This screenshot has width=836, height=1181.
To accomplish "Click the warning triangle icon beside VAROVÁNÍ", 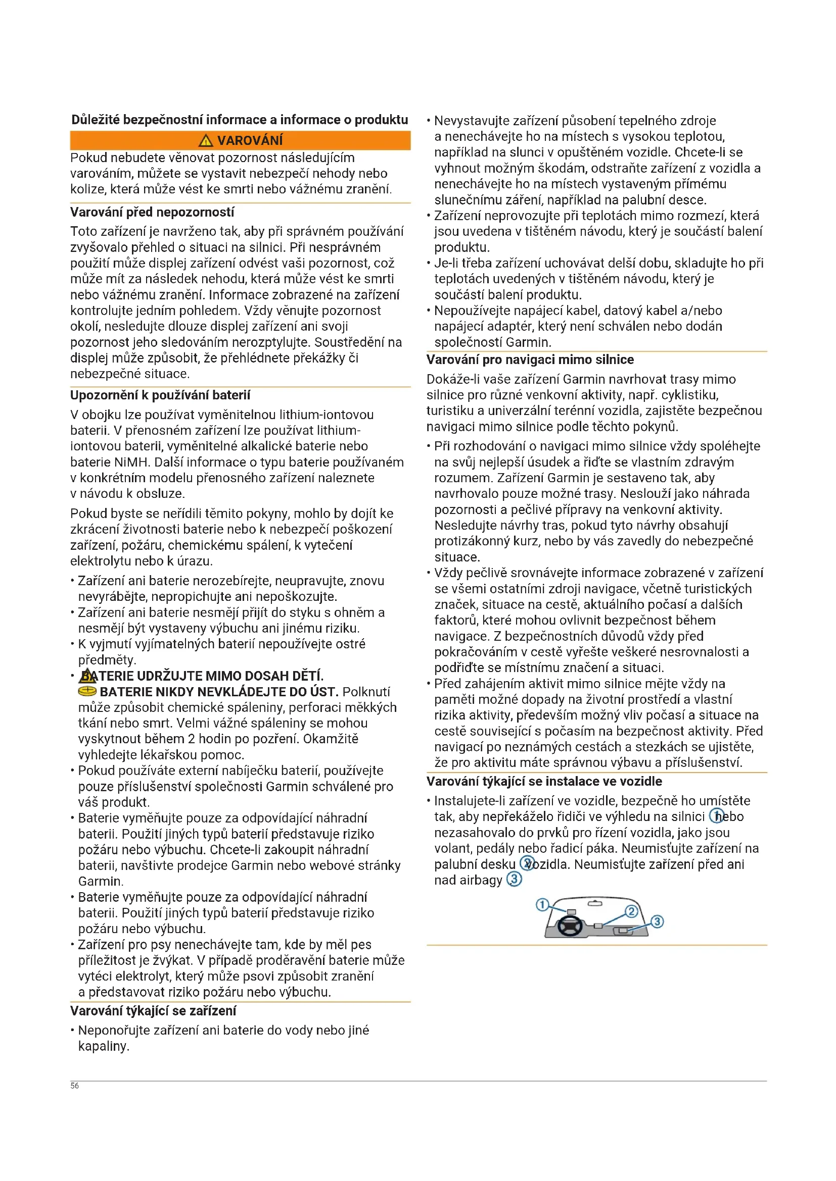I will (205, 140).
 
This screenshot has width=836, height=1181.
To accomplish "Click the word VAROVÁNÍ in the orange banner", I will (250, 140).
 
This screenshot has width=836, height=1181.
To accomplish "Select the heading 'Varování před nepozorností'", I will (152, 212).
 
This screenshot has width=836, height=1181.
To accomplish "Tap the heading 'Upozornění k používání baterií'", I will (160, 395).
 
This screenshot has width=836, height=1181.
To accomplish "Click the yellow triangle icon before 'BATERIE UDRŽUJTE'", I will (87, 676).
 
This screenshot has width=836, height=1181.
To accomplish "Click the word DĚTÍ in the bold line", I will (308, 676).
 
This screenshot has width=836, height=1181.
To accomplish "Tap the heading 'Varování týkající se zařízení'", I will (153, 1011).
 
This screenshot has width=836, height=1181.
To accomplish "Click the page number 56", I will (75, 1086).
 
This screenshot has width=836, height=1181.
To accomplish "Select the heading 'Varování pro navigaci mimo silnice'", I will (530, 360).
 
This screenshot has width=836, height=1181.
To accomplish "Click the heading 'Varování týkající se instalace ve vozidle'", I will (544, 781).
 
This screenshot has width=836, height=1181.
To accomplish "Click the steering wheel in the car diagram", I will (570, 927).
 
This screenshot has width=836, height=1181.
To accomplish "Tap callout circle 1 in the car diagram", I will (542, 904).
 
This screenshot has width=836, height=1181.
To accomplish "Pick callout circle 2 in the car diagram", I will (631, 912).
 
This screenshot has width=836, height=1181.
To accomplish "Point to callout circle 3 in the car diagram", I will (657, 921).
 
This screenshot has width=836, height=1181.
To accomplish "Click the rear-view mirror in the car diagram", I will (594, 904).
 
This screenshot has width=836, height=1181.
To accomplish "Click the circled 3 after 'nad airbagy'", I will (514, 880).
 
